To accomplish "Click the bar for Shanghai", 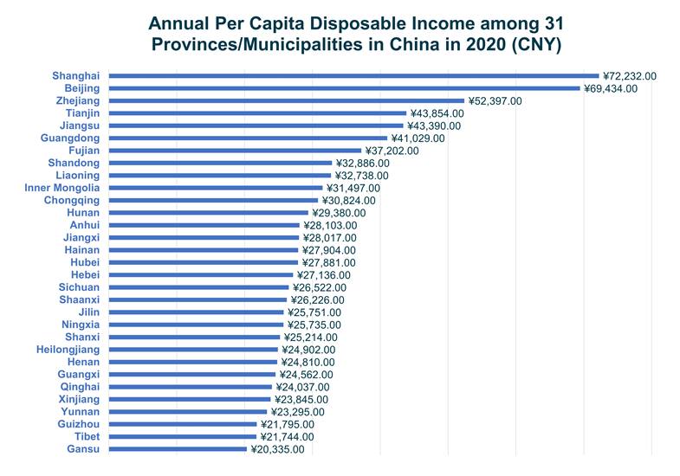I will pos(353,76).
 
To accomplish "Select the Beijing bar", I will pos(344,88).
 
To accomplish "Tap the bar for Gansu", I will pos(178,449).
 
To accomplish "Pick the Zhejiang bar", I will pos(286,101).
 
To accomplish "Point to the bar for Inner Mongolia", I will pos(216,188).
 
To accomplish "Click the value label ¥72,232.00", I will pos(630,76).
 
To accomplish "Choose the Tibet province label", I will pos(85,437).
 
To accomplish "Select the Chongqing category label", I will pos(73,200).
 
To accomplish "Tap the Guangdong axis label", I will pos(70,138).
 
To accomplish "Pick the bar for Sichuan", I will pos(198,287).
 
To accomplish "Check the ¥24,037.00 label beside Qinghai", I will pos(302,387).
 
